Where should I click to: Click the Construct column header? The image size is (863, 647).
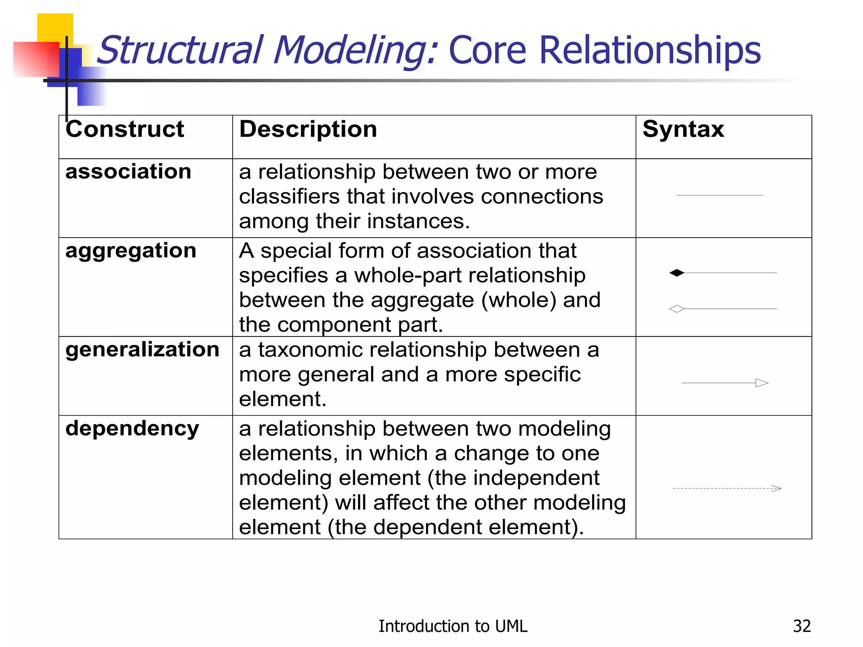pyautogui.click(x=125, y=129)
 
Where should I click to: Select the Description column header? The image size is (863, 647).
pyautogui.click(x=308, y=129)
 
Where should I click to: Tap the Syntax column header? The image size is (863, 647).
pyautogui.click(x=683, y=129)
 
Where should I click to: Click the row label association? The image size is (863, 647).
pyautogui.click(x=128, y=171)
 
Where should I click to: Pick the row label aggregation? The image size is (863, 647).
pyautogui.click(x=131, y=251)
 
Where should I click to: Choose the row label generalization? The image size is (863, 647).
pyautogui.click(x=142, y=350)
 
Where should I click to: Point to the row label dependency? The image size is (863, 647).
pyautogui.click(x=132, y=429)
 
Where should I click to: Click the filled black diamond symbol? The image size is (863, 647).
pyautogui.click(x=677, y=273)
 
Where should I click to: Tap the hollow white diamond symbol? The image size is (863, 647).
pyautogui.click(x=677, y=309)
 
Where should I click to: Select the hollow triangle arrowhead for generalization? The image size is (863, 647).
pyautogui.click(x=762, y=383)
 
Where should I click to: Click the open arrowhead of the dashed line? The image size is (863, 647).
pyautogui.click(x=777, y=489)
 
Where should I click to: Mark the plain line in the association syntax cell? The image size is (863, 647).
pyautogui.click(x=719, y=195)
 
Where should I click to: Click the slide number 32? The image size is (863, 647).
pyautogui.click(x=801, y=626)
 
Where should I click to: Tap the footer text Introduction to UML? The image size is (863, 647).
pyautogui.click(x=453, y=626)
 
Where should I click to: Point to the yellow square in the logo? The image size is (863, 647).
pyautogui.click(x=55, y=27)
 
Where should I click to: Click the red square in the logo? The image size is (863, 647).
pyautogui.click(x=36, y=59)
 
